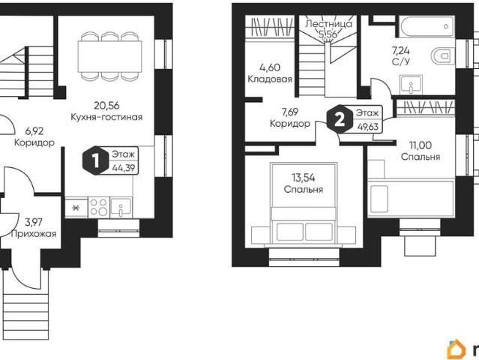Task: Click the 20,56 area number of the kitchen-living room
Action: pos(106,106)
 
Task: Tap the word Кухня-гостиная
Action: pos(106,117)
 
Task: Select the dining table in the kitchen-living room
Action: pos(109,56)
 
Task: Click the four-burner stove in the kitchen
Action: pos(99,207)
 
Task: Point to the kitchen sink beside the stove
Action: pos(121,207)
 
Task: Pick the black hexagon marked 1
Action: pos(96,160)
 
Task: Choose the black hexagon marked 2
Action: pos(340,120)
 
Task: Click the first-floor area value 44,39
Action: pos(124,167)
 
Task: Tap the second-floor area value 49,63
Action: pos(367,126)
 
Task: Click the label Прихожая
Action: pos(34,234)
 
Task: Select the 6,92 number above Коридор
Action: pos(34,131)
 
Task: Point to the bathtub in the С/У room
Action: pos(427,27)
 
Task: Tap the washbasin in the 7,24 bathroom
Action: pos(411,85)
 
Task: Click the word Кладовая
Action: pos(270,79)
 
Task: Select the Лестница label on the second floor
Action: pos(328,23)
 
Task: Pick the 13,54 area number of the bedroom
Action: pos(303,178)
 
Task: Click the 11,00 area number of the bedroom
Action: pos(421,145)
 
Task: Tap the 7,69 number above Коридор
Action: pos(290,112)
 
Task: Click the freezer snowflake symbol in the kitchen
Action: pos(75,208)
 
